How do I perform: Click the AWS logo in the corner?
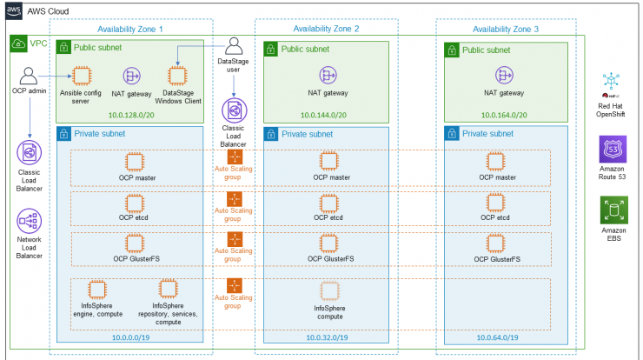click(x=14, y=10)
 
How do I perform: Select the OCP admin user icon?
click(x=29, y=76)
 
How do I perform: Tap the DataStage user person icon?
click(x=234, y=46)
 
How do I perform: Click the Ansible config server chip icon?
click(x=82, y=76)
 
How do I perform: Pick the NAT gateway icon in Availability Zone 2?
click(x=328, y=76)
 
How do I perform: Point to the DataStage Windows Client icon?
click(x=177, y=76)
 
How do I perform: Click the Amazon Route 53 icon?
click(x=613, y=150)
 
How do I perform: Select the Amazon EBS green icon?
click(x=613, y=210)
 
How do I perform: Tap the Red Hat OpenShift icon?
click(x=611, y=81)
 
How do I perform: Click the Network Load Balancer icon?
click(x=30, y=221)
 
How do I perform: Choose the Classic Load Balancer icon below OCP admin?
click(x=30, y=153)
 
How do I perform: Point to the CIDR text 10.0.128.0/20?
click(x=131, y=115)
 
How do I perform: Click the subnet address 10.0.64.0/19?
click(x=497, y=337)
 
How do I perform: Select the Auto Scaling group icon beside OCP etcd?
click(x=235, y=199)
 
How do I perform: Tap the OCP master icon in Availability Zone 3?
click(x=495, y=162)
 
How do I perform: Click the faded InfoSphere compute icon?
click(x=329, y=291)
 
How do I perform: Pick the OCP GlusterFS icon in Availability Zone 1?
click(x=135, y=243)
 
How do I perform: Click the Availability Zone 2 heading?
click(x=326, y=29)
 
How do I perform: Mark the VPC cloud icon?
click(x=18, y=43)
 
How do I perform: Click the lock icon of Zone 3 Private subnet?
click(x=452, y=134)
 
